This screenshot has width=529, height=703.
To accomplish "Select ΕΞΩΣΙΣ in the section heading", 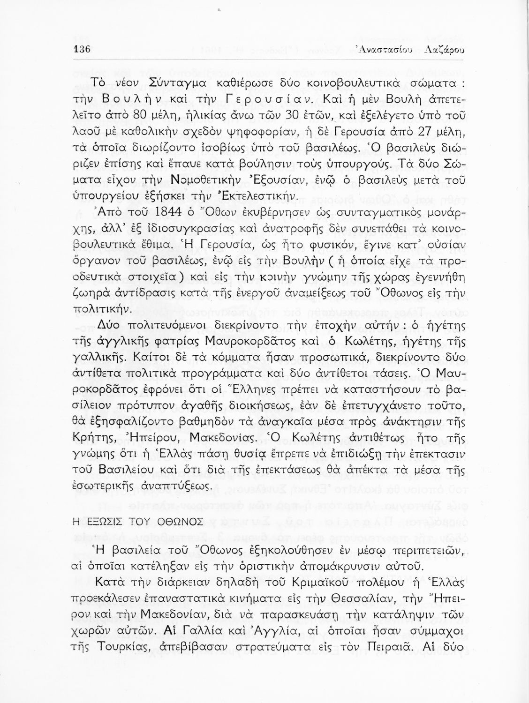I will coord(102,522).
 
